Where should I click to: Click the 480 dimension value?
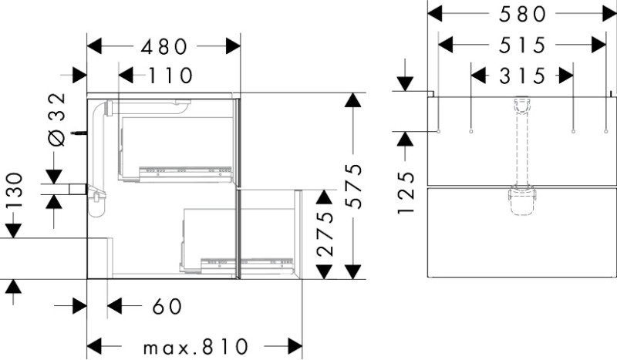(164, 47)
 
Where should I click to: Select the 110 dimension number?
(170, 75)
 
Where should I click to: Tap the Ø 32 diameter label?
(56, 119)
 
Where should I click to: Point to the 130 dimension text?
(14, 192)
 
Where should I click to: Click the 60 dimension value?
(167, 306)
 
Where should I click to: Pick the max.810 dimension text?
(196, 347)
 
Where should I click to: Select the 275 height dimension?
(325, 234)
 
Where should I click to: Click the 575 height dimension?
(353, 186)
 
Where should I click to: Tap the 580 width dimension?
(523, 15)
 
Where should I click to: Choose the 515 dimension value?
(523, 45)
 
